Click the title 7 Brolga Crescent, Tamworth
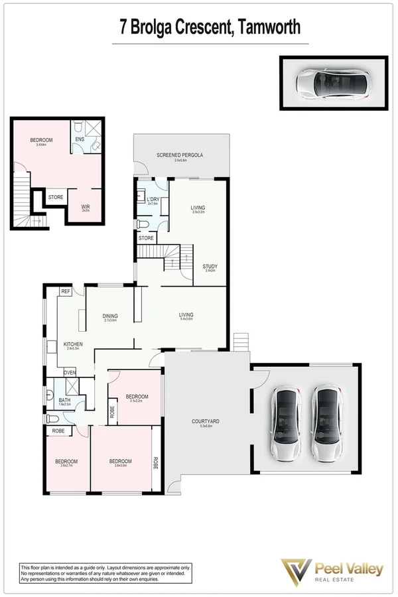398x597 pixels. [x=210, y=28]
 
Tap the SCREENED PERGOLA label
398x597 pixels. [x=179, y=155]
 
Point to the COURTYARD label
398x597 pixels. [x=206, y=421]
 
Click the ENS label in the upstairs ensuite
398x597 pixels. [x=80, y=139]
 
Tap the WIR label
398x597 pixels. [x=86, y=207]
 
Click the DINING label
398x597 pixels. [x=110, y=316]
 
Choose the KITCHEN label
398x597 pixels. [x=73, y=344]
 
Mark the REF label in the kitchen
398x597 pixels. [x=66, y=291]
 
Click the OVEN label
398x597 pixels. [x=70, y=372]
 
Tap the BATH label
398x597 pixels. [x=64, y=400]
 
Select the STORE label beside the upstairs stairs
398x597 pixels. [x=56, y=196]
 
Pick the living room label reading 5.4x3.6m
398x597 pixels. [x=186, y=315]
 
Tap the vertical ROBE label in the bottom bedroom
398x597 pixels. [x=156, y=462]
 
